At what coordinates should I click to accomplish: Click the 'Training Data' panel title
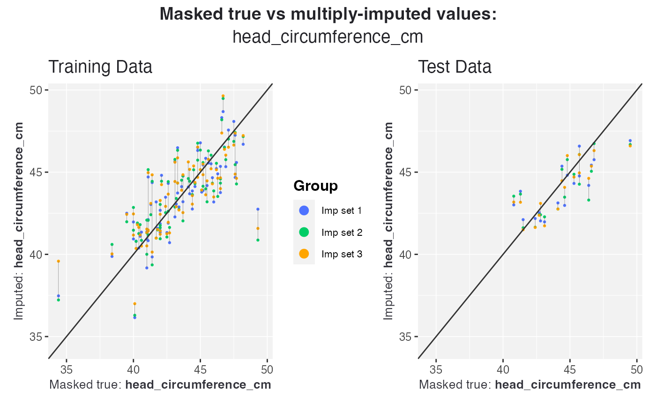tap(100, 67)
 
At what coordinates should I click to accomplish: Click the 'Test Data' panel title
tap(455, 67)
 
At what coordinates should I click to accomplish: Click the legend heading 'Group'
tap(315, 186)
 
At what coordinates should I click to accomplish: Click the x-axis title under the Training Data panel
tap(160, 385)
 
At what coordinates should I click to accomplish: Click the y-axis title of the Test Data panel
tap(388, 220)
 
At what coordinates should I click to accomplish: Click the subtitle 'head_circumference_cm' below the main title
tap(328, 37)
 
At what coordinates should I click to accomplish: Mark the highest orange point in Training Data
tap(223, 96)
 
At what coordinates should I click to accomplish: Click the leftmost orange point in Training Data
tap(58, 261)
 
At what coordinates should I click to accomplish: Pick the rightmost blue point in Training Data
tap(258, 209)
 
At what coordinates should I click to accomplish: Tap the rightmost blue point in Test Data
tap(630, 141)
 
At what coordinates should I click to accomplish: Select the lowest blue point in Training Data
tap(135, 317)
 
